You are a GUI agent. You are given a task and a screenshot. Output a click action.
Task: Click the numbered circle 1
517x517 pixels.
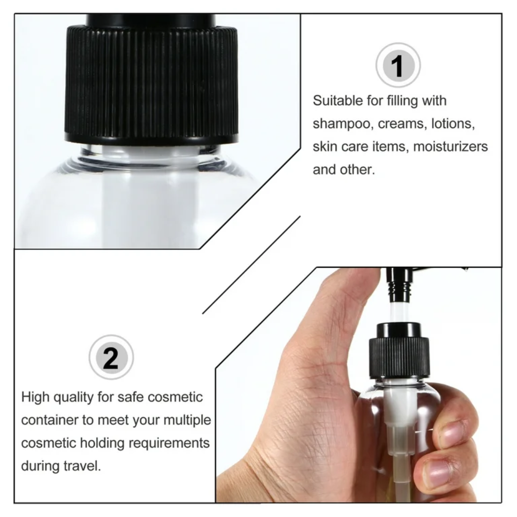click(x=398, y=66)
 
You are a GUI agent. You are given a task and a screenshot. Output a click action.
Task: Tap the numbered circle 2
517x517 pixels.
click(x=111, y=358)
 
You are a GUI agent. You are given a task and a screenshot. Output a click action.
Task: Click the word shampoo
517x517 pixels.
click(x=343, y=124)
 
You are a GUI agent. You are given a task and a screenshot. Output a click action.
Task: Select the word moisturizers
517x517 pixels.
click(x=450, y=146)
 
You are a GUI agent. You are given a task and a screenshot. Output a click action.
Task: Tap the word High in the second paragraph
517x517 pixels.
click(x=35, y=397)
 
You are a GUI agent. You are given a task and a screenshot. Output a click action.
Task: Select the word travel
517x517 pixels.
click(x=82, y=466)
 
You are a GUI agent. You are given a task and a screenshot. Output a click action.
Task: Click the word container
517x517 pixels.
click(x=49, y=420)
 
